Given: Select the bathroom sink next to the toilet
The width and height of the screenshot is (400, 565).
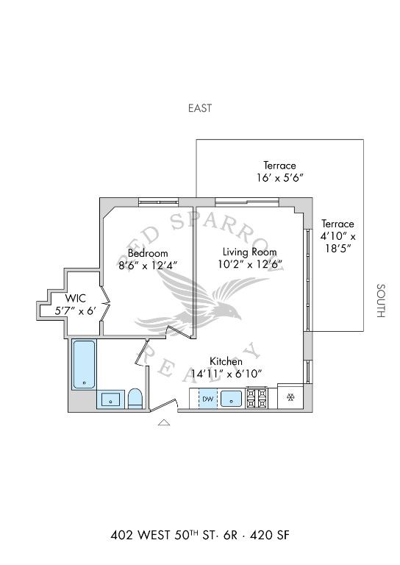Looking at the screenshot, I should coord(111,399).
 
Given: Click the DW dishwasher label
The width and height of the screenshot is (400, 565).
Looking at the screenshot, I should coord(207,399).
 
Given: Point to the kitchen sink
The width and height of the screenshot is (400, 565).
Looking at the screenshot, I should coord(232,399).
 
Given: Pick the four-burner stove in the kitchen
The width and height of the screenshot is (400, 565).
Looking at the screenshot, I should coord(256,398).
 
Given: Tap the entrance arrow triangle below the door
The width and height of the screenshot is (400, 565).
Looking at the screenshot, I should coord(164,422).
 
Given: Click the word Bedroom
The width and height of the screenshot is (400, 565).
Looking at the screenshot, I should coord(148,253).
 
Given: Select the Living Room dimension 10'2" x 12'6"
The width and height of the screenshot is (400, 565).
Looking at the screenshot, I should coord(251,264).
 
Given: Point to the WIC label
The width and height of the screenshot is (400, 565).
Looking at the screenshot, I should coord(76,298).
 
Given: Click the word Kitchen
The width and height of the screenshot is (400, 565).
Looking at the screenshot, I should coord(226,361).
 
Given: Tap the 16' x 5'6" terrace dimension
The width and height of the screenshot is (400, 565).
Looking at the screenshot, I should coord(279,178).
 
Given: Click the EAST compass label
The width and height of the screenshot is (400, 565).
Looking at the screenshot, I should coord(199,108).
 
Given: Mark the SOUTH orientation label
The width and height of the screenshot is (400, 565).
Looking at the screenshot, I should coord(380,301).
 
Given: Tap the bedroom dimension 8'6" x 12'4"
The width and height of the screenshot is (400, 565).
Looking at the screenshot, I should coord(148,265).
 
